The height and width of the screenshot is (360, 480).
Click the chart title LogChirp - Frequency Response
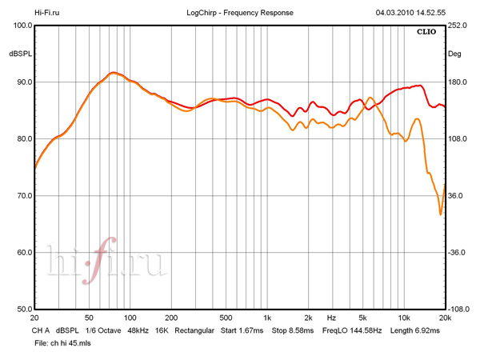(239, 13)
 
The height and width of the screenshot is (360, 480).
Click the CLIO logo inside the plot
(426, 33)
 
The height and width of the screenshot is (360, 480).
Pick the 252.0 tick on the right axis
(458, 26)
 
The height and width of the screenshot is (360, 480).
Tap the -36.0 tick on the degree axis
(458, 253)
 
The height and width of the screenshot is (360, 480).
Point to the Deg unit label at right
(455, 54)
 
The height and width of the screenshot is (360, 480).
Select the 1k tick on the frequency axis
(267, 318)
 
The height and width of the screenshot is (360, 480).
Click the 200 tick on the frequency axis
(170, 318)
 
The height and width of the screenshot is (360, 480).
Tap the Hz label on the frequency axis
(330, 318)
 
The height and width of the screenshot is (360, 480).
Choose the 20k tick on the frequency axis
(445, 318)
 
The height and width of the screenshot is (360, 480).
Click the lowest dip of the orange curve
(441, 214)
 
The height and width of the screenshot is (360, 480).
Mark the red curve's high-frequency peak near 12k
(419, 85)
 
